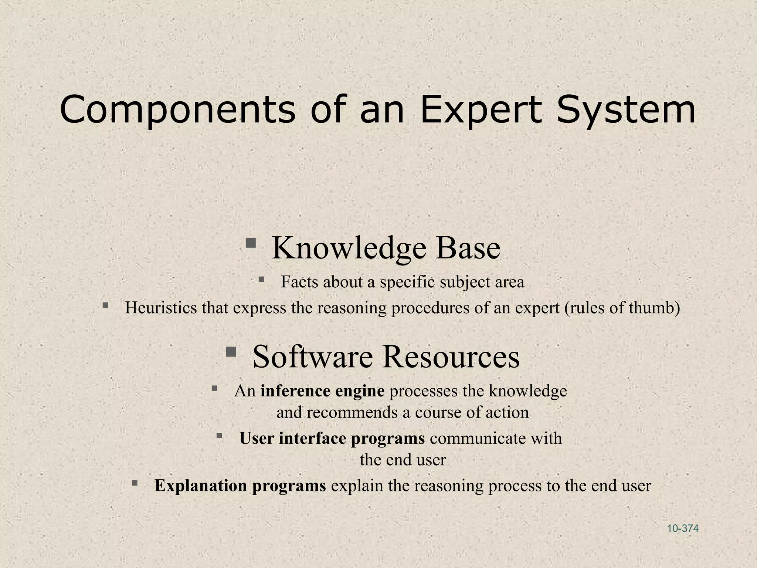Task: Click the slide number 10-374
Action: [683, 528]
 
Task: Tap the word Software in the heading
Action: [313, 356]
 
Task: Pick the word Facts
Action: [299, 282]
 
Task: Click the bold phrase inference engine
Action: [322, 391]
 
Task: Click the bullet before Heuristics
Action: [106, 305]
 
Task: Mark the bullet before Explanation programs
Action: [135, 483]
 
